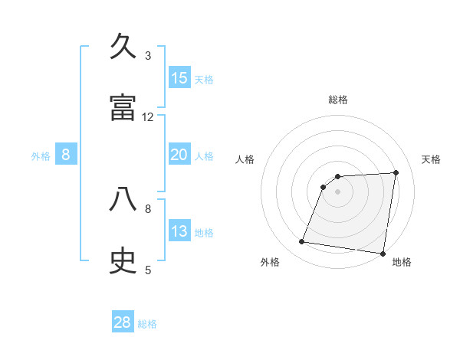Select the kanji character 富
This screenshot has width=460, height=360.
pyautogui.click(x=123, y=107)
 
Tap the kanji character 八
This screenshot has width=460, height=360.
pyautogui.click(x=123, y=200)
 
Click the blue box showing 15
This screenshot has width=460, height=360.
pyautogui.click(x=179, y=78)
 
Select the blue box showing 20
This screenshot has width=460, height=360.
pyautogui.click(x=179, y=155)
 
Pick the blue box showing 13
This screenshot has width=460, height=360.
pyautogui.click(x=179, y=231)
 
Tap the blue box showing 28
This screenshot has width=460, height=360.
pyautogui.click(x=123, y=322)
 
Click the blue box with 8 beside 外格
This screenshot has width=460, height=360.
pyautogui.click(x=66, y=155)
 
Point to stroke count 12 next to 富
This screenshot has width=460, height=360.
pyautogui.click(x=148, y=117)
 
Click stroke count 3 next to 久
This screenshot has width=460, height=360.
pyautogui.click(x=148, y=56)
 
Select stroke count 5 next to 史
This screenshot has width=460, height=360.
pyautogui.click(x=148, y=270)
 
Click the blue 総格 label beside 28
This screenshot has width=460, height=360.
pyautogui.click(x=147, y=324)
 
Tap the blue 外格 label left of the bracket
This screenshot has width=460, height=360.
pyautogui.click(x=41, y=156)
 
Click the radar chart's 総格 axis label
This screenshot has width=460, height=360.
pyautogui.click(x=338, y=100)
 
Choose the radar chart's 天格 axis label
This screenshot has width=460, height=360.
pyautogui.click(x=432, y=159)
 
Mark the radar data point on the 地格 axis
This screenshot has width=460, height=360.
pyautogui.click(x=383, y=254)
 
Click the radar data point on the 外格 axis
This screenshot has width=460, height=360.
pyautogui.click(x=301, y=242)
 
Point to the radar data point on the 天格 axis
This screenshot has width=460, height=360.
pyautogui.click(x=396, y=172)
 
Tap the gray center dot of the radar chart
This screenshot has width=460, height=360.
pyautogui.click(x=337, y=191)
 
